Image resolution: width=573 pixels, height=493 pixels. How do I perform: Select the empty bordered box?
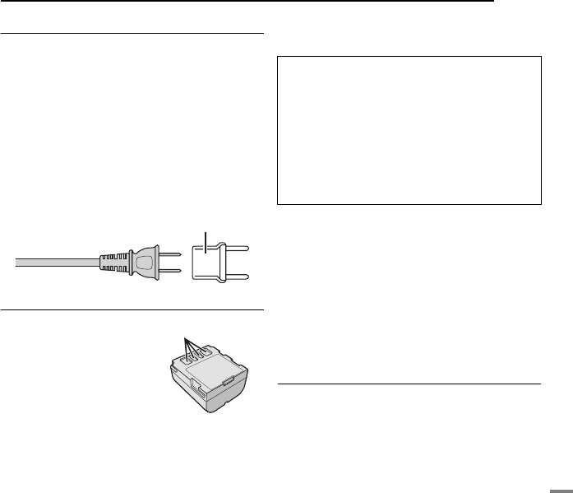[409, 130]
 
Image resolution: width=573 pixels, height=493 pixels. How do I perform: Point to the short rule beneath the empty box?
[409, 383]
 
